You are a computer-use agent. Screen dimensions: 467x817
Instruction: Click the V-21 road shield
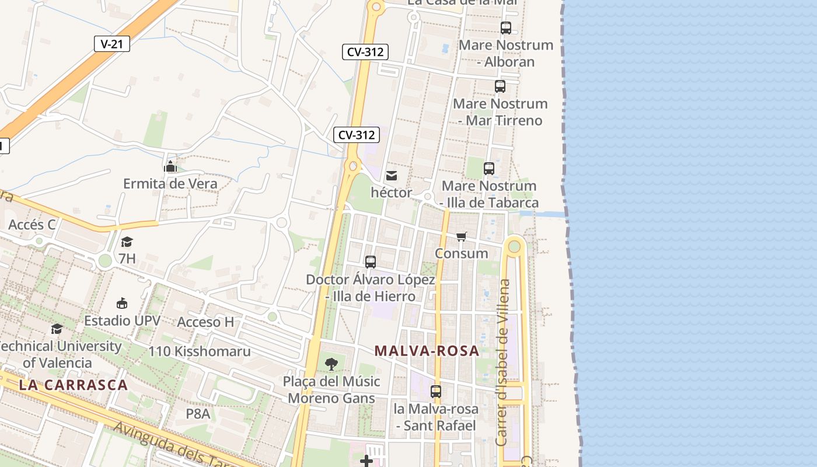(x=111, y=44)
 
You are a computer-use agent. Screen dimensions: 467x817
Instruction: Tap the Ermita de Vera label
(x=170, y=183)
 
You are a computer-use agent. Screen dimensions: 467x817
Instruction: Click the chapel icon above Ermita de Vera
(x=170, y=167)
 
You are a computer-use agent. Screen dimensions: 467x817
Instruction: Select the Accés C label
(x=32, y=224)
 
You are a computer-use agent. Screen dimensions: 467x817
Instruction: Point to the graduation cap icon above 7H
(x=127, y=242)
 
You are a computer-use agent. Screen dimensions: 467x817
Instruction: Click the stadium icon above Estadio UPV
(x=122, y=304)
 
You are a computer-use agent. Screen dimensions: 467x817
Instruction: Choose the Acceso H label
(x=205, y=322)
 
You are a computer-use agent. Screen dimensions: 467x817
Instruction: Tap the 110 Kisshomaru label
(x=200, y=351)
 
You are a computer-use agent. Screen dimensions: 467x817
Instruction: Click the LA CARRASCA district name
(x=73, y=385)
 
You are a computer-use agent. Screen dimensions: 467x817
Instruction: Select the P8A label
(x=197, y=413)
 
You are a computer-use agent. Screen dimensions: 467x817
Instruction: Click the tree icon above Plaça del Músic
(x=331, y=364)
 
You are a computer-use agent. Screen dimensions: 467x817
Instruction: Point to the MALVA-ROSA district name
(x=427, y=351)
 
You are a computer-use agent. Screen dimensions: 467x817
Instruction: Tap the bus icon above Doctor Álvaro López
(x=370, y=262)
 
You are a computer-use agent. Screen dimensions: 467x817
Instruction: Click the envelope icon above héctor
(x=391, y=176)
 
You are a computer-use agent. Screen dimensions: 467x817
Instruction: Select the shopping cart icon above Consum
(x=462, y=236)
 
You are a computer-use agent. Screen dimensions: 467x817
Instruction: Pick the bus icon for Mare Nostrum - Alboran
(x=506, y=28)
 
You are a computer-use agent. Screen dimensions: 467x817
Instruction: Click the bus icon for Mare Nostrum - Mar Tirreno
(x=500, y=86)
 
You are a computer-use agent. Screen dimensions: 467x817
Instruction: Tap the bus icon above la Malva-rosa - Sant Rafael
(x=436, y=392)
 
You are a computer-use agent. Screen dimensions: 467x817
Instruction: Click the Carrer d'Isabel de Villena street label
(x=502, y=363)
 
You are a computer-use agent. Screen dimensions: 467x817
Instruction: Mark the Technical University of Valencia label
(x=58, y=354)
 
